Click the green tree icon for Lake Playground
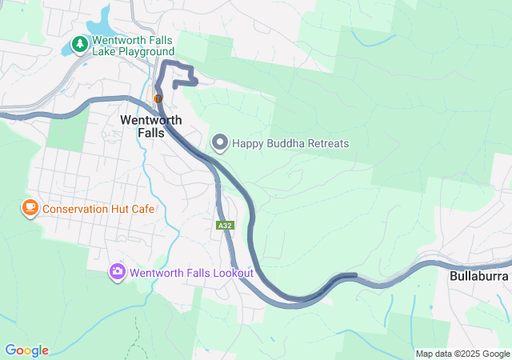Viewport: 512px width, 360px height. (80, 45)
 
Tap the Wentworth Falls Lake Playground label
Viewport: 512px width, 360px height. (133, 46)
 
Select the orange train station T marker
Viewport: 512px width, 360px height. (158, 98)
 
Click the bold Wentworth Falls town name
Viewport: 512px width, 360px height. (142, 126)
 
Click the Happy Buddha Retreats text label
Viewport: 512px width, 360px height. (290, 144)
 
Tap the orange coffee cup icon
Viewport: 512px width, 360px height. (30, 209)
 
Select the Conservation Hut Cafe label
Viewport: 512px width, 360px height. (98, 210)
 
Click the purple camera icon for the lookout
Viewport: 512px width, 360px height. (118, 272)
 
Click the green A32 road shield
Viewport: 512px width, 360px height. (225, 226)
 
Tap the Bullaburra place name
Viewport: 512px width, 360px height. (474, 276)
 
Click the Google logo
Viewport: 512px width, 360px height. (26, 350)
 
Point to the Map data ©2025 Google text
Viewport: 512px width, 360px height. (462, 354)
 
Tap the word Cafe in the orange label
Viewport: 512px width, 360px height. (142, 210)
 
